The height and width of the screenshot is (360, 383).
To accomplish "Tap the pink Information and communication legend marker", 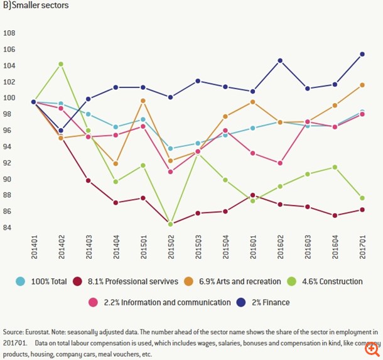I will pyautogui.click(x=92, y=302).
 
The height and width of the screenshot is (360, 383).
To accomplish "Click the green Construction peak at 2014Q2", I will pyautogui.click(x=60, y=64).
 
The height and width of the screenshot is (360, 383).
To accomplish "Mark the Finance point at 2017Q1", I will pyautogui.click(x=362, y=54).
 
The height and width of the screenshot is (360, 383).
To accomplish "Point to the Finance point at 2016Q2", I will pyautogui.click(x=280, y=60).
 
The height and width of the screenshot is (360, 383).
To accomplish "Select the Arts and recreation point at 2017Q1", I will pyautogui.click(x=362, y=85).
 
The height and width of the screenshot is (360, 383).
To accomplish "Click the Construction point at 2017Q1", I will pyautogui.click(x=362, y=198).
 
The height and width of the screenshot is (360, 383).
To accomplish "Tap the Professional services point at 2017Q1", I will pyautogui.click(x=362, y=210).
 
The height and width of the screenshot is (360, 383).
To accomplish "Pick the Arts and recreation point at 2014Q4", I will pyautogui.click(x=116, y=163).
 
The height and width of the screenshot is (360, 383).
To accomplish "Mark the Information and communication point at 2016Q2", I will pyautogui.click(x=280, y=163).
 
